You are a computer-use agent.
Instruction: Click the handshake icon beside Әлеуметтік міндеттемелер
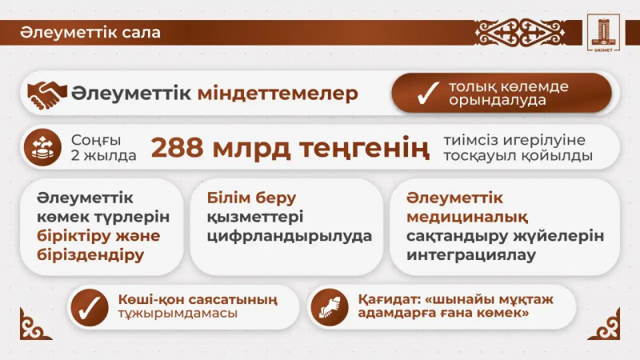pyautogui.click(x=47, y=94)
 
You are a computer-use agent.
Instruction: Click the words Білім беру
pyautogui.click(x=251, y=198)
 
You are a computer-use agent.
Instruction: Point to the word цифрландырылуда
pyautogui.click(x=290, y=236)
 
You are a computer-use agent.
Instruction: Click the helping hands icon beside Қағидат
pyautogui.click(x=329, y=306)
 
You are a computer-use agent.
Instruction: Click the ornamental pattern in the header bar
pyautogui.click(x=521, y=33)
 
